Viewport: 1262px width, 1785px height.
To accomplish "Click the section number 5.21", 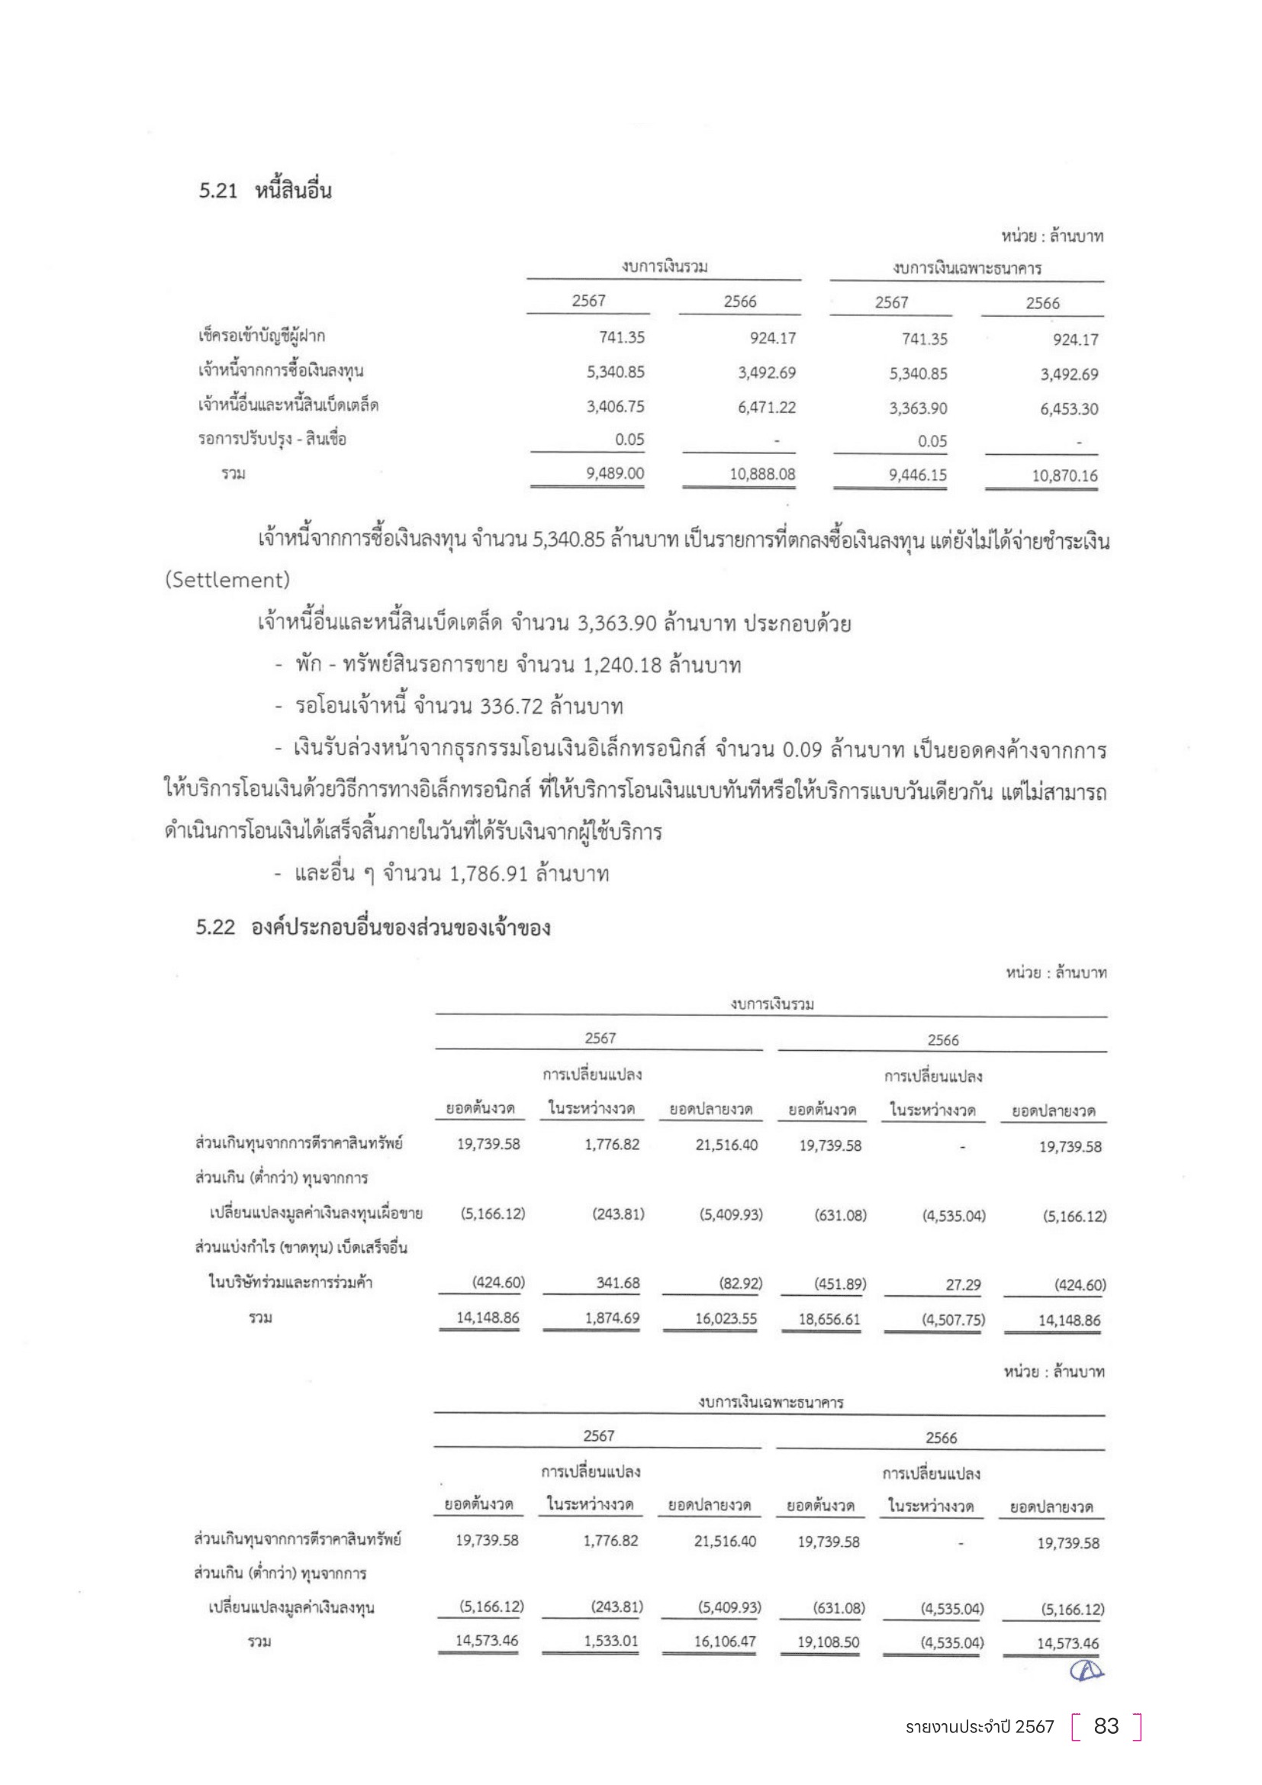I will [217, 192].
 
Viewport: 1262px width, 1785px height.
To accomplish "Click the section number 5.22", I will [215, 927].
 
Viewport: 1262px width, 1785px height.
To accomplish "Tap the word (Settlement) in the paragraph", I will [227, 580].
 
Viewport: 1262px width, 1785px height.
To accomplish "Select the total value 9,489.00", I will [615, 473].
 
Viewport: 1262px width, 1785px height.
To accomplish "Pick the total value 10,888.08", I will [761, 474].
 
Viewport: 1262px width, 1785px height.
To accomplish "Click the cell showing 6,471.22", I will [766, 407].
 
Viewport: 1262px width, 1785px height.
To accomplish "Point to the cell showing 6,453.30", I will [1068, 409].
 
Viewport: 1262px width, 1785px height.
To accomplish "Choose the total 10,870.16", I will [1064, 475].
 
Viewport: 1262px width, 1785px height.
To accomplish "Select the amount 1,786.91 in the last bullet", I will [490, 874].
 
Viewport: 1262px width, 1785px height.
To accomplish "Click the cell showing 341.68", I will [618, 1283].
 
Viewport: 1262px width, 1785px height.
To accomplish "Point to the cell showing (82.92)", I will [740, 1283].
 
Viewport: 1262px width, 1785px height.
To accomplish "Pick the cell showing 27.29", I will [963, 1284].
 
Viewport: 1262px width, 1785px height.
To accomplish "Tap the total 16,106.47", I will [724, 1642].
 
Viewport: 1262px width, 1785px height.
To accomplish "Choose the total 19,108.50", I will [829, 1642].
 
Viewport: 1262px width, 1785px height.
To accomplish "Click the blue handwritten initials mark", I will [1086, 1670].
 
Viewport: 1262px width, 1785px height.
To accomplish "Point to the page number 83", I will [1106, 1726].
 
